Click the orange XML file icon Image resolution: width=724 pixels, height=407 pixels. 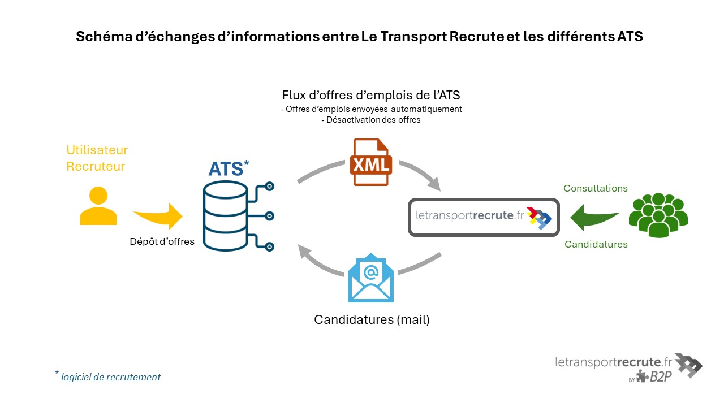[x=370, y=162]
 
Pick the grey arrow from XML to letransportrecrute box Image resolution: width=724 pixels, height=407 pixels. [x=424, y=174]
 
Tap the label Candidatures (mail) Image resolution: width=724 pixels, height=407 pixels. [x=372, y=319]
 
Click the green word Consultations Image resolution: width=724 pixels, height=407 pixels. [x=595, y=188]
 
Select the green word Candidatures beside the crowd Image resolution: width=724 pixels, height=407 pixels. [x=596, y=245]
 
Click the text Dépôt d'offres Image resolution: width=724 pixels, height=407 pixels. [x=162, y=241]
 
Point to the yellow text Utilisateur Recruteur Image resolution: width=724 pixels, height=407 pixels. [x=97, y=158]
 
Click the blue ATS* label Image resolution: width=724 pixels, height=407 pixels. [x=228, y=168]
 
